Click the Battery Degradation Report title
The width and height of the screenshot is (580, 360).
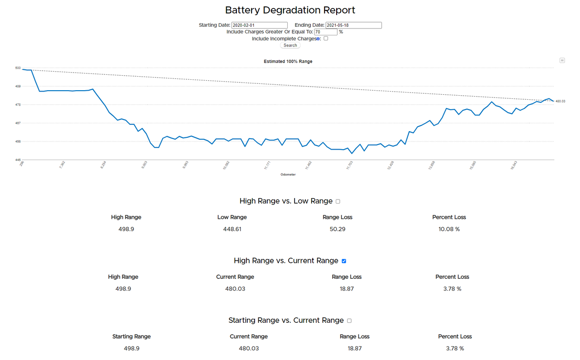tap(290, 10)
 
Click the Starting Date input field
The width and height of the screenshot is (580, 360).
tap(259, 25)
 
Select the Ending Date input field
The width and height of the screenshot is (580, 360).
tap(353, 25)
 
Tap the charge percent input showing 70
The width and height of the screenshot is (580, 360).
tap(325, 32)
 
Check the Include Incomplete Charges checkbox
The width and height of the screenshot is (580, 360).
tap(326, 39)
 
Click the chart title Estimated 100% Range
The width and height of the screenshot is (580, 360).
tap(288, 61)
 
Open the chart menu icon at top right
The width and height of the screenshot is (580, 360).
tap(562, 60)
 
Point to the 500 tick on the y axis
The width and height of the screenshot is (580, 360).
tap(18, 68)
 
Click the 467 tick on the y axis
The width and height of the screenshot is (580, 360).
tap(18, 123)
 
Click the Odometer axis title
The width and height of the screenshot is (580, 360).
tap(288, 175)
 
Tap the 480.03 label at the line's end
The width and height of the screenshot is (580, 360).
tap(561, 101)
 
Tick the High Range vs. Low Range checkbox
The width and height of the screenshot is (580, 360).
tap(338, 201)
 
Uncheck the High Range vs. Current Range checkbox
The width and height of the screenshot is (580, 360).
tap(344, 261)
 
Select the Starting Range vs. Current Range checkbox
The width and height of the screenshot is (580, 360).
tap(349, 321)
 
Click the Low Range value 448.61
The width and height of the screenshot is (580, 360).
tap(232, 229)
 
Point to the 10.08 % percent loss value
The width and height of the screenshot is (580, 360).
tap(449, 229)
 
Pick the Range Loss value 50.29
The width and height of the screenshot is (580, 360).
tap(338, 229)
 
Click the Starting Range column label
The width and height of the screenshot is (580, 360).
tap(131, 336)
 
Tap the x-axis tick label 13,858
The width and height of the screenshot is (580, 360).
tap(431, 164)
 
